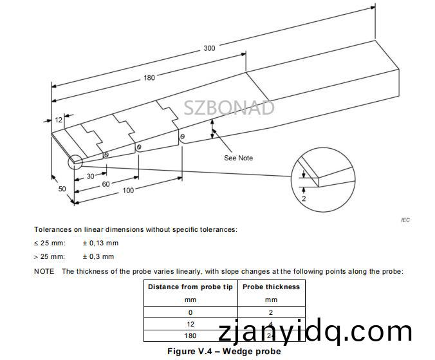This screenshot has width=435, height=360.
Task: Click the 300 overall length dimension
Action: [x=210, y=48]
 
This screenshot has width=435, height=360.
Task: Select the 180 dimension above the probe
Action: [x=149, y=78]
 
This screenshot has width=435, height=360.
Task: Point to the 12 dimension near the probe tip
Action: [x=59, y=120]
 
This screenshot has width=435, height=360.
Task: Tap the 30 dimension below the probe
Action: [x=91, y=176]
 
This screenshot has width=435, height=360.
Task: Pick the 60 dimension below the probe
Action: [x=106, y=184]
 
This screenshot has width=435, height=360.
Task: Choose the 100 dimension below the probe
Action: [x=128, y=190]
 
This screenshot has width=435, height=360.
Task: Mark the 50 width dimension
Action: [x=62, y=189]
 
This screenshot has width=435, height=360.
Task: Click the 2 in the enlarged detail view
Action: [x=303, y=199]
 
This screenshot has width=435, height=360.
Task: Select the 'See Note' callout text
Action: [x=238, y=158]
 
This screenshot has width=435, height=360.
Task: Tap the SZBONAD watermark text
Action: [x=229, y=108]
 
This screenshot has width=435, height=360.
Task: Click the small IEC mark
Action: [x=405, y=220]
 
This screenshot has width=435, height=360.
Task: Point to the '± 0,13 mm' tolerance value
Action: [x=100, y=243]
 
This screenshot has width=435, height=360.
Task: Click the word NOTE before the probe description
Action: [x=44, y=271]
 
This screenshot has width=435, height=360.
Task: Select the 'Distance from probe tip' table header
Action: [x=190, y=287]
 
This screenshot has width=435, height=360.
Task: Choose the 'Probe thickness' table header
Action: [x=271, y=287]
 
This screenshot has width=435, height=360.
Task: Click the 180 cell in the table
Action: [x=190, y=335]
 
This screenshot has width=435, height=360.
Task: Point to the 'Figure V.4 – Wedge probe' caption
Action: [x=224, y=352]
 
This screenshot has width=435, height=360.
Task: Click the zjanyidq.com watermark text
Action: [x=315, y=331]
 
